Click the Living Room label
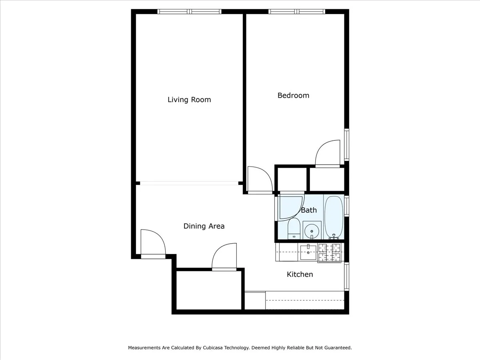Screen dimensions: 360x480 (189, 100)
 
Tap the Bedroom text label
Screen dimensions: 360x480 (293, 95)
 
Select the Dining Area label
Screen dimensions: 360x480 (204, 226)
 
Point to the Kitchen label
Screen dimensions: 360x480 (300, 274)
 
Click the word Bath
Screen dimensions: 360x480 (308, 210)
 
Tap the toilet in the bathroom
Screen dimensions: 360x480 (294, 229)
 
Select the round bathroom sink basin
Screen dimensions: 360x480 (312, 230)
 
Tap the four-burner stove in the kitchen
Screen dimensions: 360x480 (329, 252)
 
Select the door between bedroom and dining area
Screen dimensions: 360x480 (259, 180)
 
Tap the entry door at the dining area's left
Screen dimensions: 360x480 (153, 243)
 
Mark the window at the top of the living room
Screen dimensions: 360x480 (190, 12)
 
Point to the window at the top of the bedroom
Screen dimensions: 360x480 (296, 12)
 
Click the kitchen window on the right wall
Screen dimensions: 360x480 (347, 276)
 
